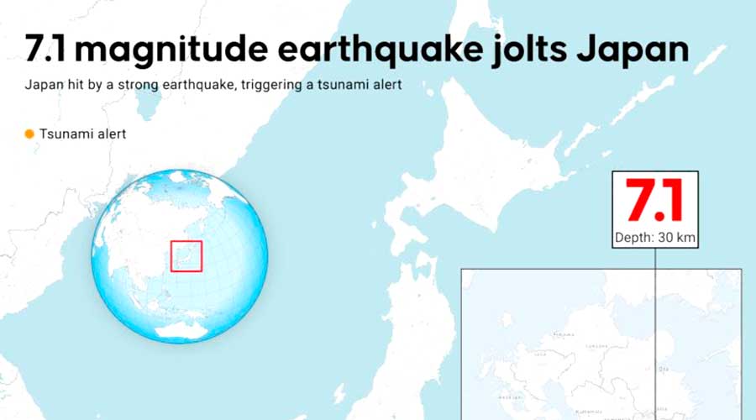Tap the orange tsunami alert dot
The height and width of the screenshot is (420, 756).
pyautogui.click(x=29, y=134)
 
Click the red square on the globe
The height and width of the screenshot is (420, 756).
pyautogui.click(x=186, y=255)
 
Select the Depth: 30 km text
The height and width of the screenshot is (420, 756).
pyautogui.click(x=655, y=238)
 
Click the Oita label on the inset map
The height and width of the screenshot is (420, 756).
pyautogui.click(x=663, y=367)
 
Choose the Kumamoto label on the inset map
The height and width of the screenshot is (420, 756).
pyautogui.click(x=587, y=412)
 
